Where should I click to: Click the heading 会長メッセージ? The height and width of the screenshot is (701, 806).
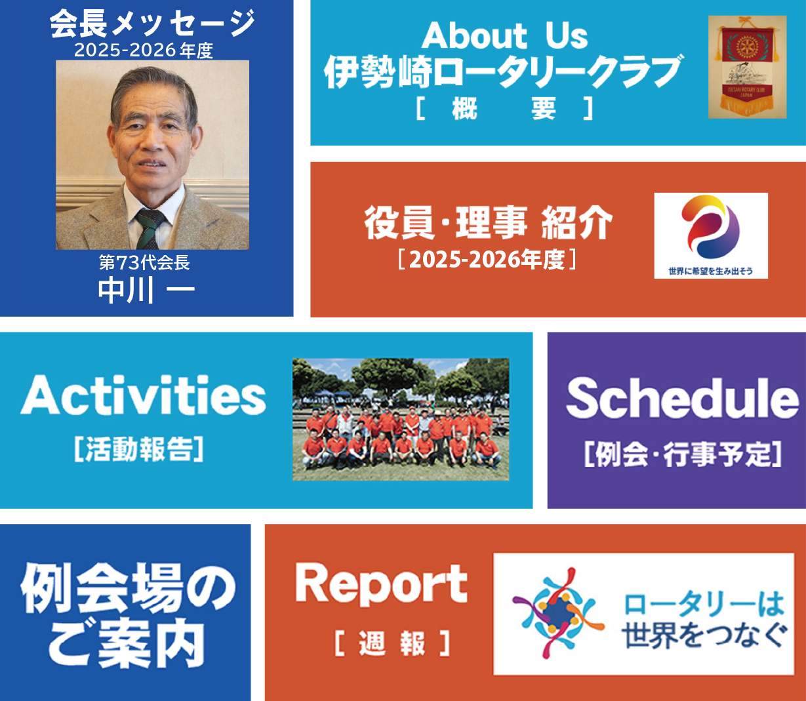152,24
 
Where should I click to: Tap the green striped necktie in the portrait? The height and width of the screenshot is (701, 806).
150,228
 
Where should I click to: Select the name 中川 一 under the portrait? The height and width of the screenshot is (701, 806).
146,290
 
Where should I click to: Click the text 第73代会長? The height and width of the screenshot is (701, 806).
144,263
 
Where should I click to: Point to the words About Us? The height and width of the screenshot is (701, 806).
504,35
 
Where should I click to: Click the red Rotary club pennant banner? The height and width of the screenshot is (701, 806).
747,67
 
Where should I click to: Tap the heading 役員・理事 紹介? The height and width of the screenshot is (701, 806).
488,223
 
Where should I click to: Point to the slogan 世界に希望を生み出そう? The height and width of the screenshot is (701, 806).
711,271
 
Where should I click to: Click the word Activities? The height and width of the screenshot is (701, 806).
143,395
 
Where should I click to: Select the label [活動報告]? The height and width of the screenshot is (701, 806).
139,449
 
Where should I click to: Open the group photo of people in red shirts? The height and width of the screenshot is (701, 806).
401,420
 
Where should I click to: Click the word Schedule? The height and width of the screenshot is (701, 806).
683,398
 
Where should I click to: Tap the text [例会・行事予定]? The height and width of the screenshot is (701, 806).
683,454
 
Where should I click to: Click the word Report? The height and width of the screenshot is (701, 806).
381,585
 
